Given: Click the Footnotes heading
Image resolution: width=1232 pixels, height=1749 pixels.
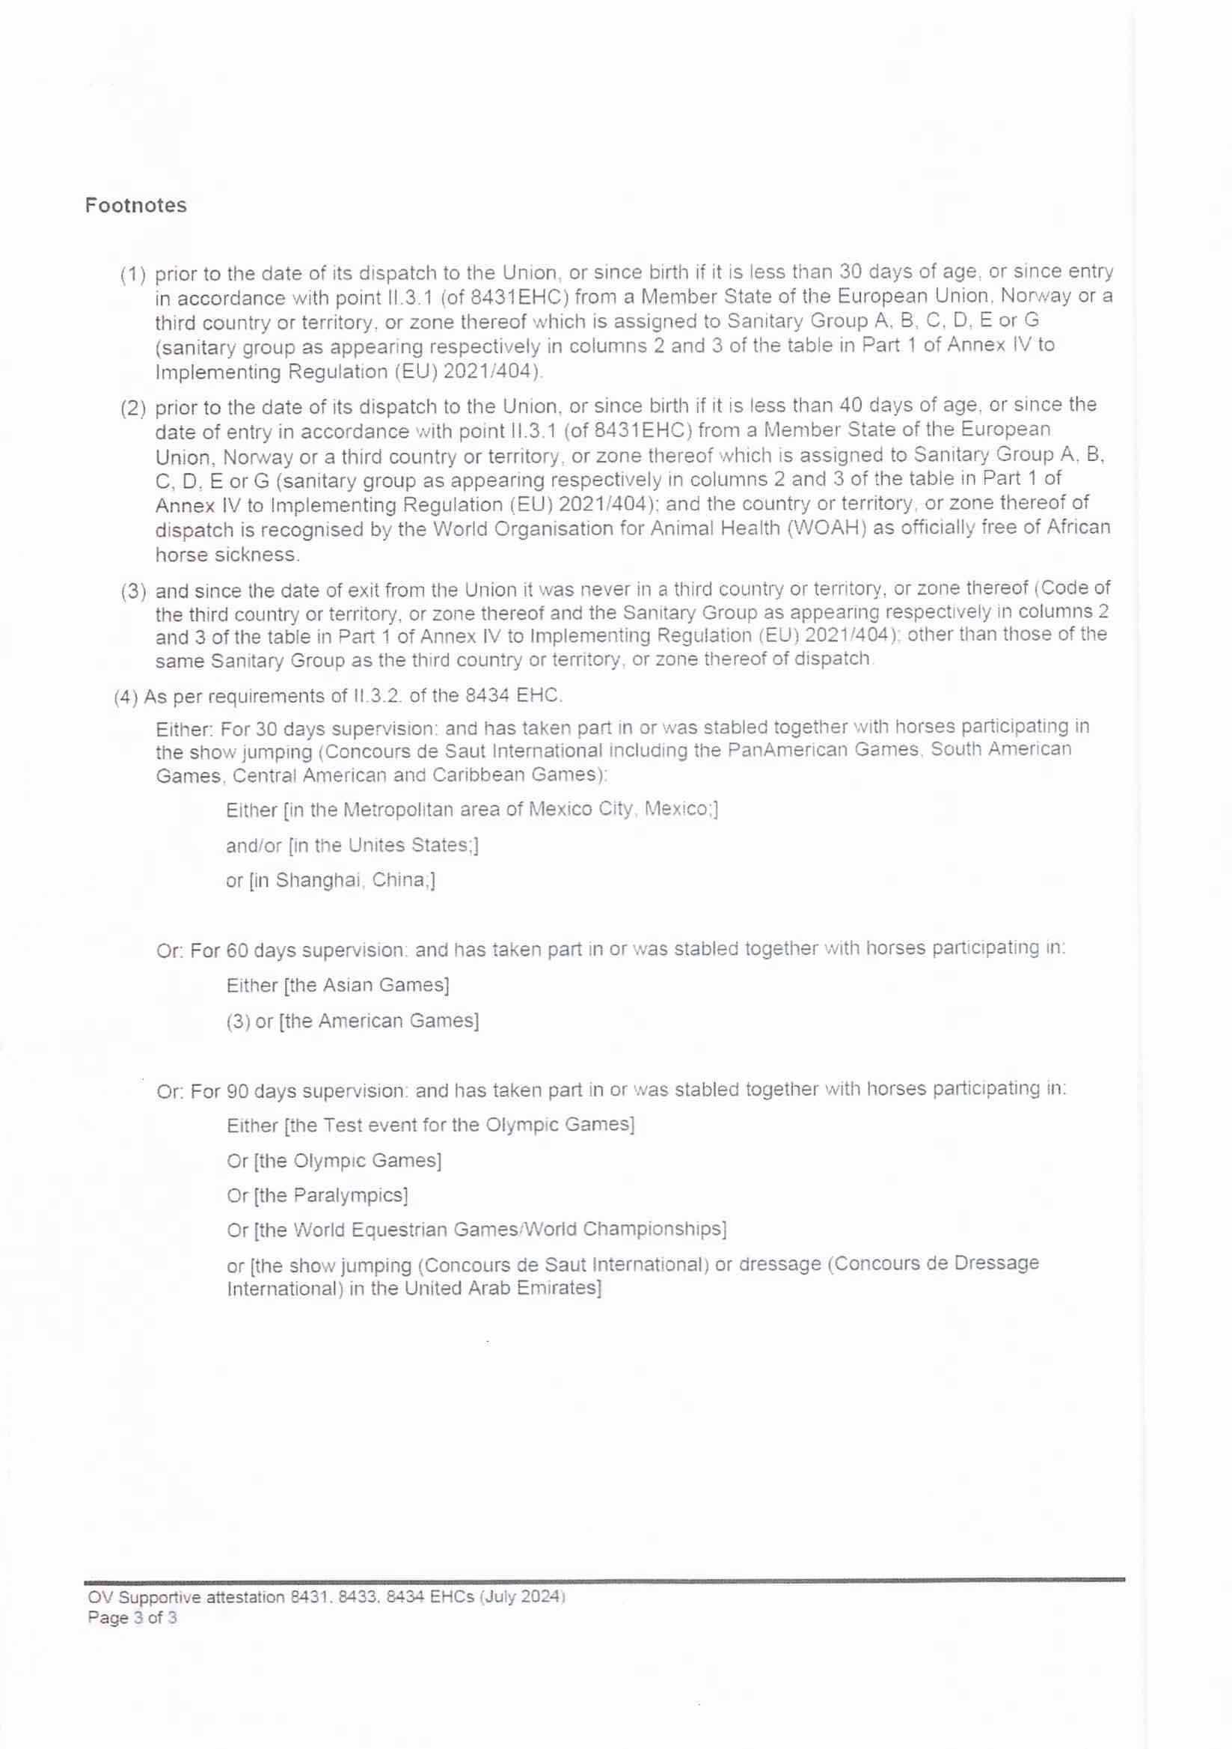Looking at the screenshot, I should pos(135,206).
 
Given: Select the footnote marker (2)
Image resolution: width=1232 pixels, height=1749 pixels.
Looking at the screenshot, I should pos(133,408).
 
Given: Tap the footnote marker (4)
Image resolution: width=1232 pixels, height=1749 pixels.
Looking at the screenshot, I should pos(126,696).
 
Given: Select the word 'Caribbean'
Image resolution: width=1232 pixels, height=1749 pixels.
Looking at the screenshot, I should pos(473,775).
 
